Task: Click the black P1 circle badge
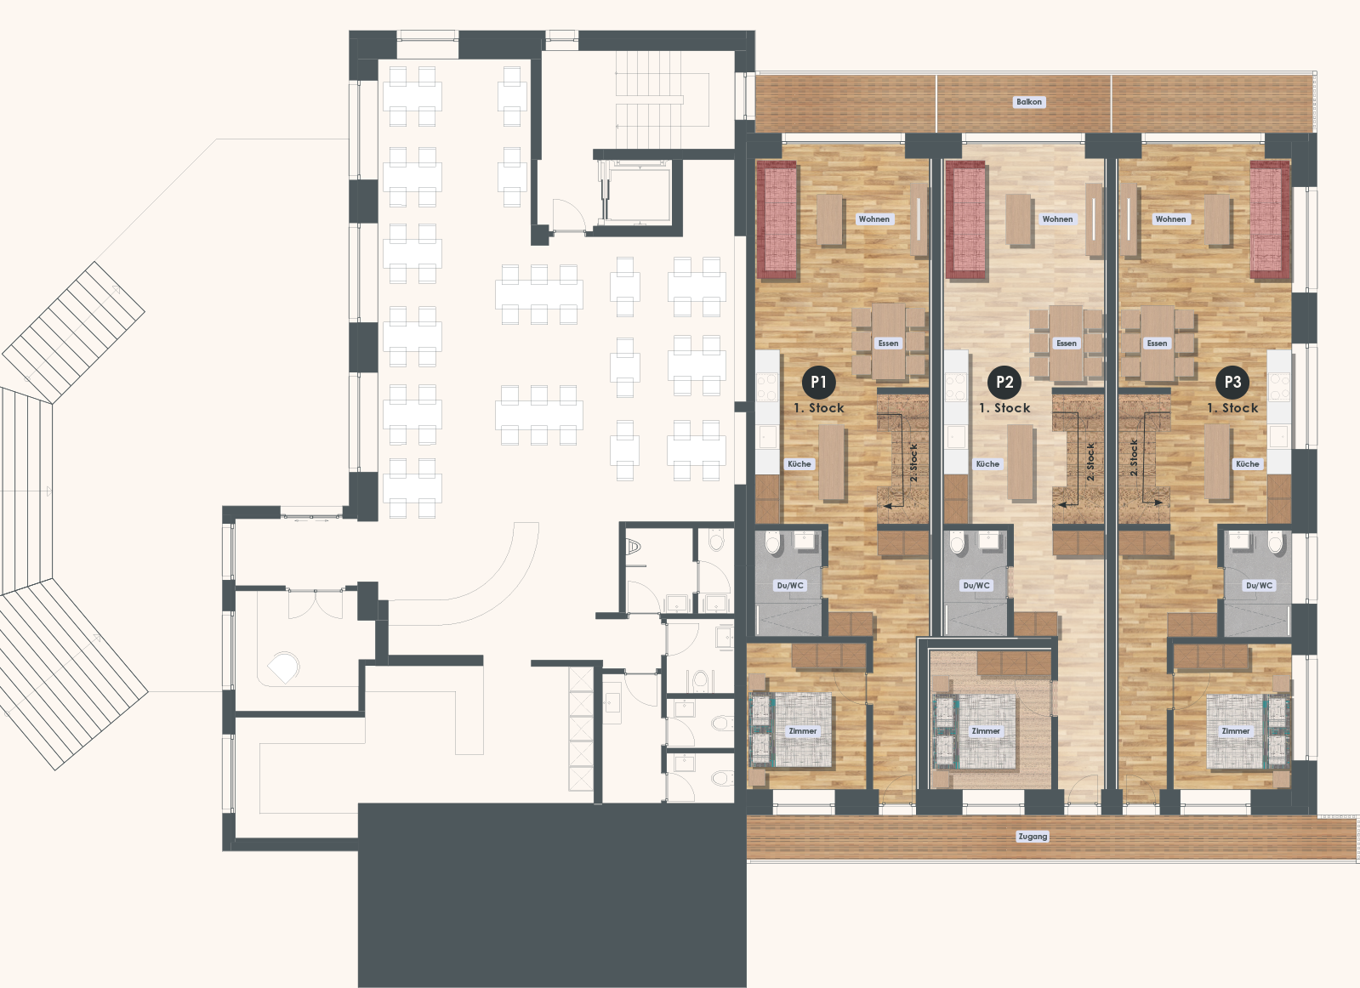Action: click(818, 382)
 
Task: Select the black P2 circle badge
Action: click(1004, 382)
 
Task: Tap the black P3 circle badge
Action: click(1232, 382)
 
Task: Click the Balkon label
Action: click(1029, 102)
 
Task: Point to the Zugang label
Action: click(1033, 837)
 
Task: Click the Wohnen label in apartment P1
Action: click(874, 219)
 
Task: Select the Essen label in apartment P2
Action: click(1067, 344)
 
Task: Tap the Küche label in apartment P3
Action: click(1247, 463)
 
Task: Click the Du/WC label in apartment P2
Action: click(976, 586)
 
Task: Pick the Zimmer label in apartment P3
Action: click(1236, 731)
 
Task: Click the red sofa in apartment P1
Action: click(777, 219)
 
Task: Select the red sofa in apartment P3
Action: click(1270, 219)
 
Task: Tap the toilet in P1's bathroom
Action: click(773, 542)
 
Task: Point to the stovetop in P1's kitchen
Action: click(767, 387)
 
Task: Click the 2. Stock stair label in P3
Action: click(1134, 457)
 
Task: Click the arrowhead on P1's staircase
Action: click(888, 505)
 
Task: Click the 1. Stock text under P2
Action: click(1004, 408)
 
